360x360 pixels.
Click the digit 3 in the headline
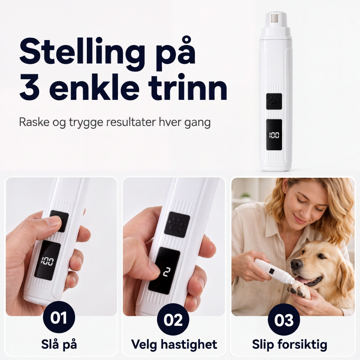[x=30, y=88]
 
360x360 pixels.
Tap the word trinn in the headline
[x=188, y=88]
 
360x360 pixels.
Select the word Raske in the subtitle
[x=34, y=122]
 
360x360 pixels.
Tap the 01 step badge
[x=59, y=318]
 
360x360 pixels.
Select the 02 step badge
[x=173, y=319]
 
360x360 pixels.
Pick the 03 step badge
[x=284, y=319]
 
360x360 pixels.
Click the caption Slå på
[x=59, y=345]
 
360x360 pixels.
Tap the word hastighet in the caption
[x=189, y=345]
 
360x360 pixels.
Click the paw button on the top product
[x=274, y=101]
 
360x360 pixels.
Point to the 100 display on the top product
[x=274, y=135]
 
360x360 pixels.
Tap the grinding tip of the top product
[x=275, y=19]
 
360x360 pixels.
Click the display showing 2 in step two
[x=164, y=271]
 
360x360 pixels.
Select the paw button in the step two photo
[x=177, y=225]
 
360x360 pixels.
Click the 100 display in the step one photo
[x=47, y=261]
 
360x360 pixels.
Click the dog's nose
[x=297, y=264]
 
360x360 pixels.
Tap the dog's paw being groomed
[x=298, y=290]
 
